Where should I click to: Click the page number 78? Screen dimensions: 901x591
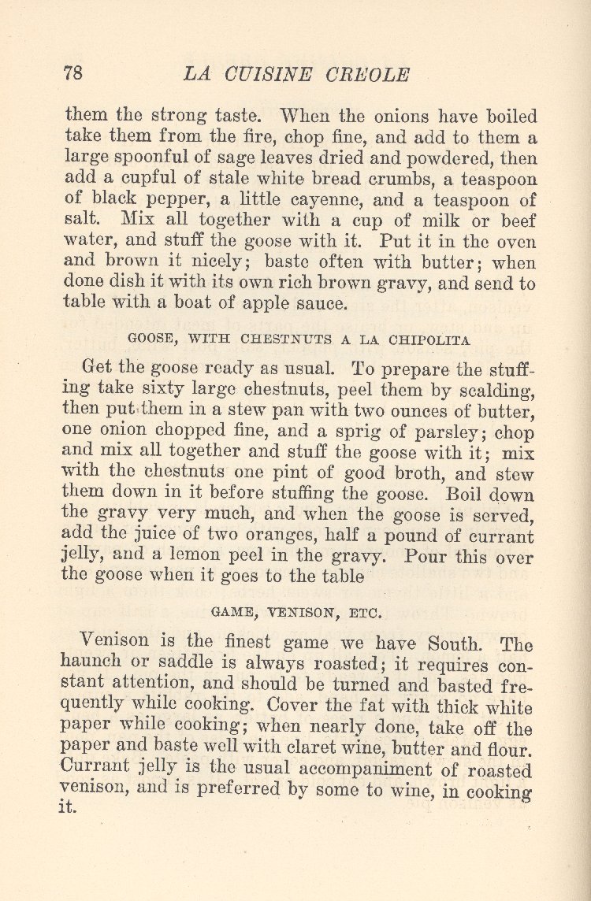(72, 74)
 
